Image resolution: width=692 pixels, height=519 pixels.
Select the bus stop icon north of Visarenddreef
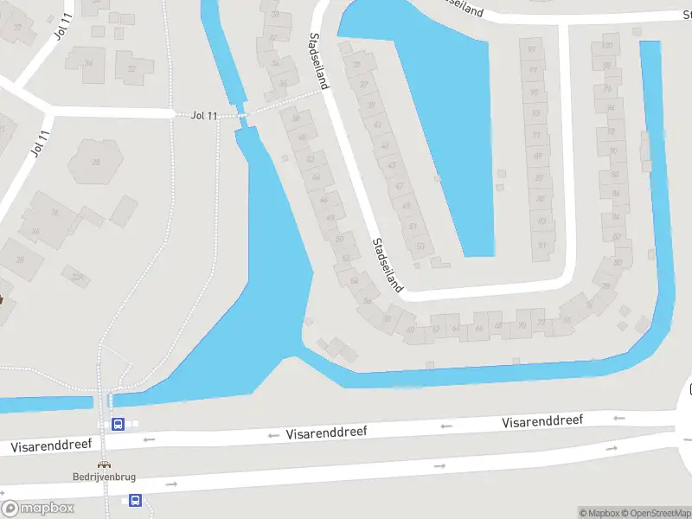(119, 424)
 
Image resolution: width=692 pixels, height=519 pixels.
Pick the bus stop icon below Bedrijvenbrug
(135, 500)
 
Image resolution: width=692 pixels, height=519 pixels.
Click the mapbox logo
(38, 508)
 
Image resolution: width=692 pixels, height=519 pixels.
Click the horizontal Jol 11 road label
(204, 115)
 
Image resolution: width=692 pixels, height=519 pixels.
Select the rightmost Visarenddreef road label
(542, 421)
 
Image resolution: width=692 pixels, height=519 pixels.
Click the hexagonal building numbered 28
(96, 161)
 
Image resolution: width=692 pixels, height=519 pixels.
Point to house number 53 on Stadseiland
(420, 247)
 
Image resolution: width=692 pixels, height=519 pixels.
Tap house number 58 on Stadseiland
(386, 319)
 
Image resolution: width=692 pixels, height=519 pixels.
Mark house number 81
(543, 245)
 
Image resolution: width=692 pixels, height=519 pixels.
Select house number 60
(410, 329)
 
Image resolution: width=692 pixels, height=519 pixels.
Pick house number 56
(368, 300)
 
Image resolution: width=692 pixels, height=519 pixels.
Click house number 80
(617, 262)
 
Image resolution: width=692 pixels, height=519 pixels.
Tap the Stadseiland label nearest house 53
(388, 265)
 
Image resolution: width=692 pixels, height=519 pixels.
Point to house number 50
(339, 238)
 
